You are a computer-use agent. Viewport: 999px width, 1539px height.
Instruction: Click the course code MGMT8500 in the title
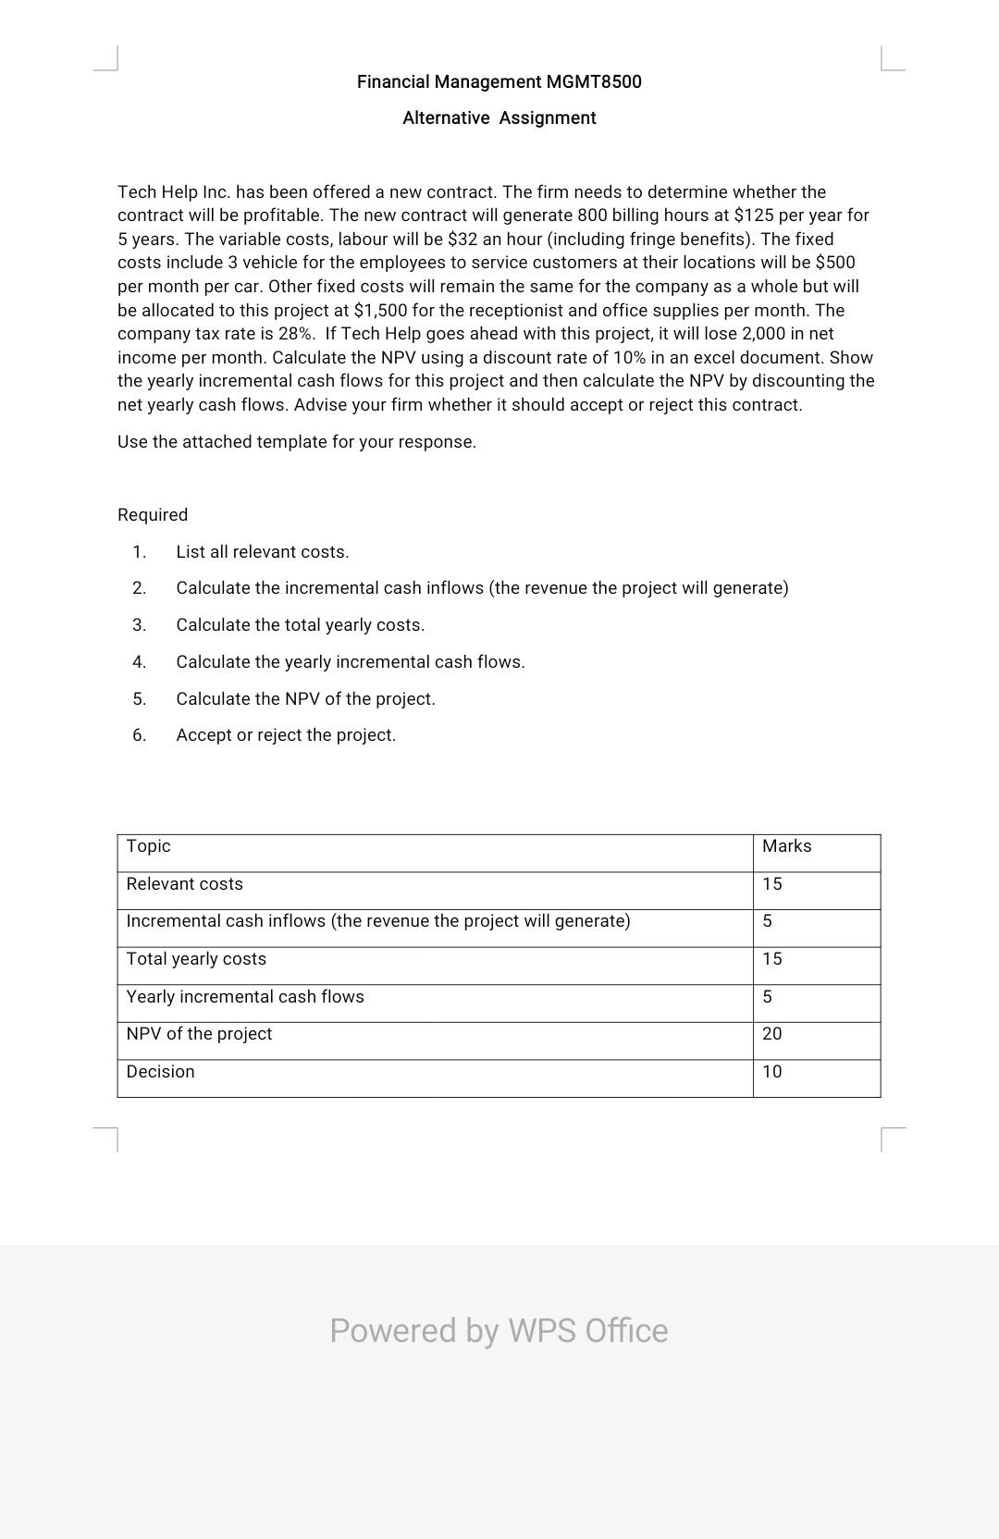(593, 81)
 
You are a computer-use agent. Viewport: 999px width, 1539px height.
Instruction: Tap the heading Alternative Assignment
(499, 117)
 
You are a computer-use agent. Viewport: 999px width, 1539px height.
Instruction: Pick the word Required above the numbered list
(153, 514)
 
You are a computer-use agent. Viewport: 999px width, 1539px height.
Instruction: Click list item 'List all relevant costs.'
(263, 551)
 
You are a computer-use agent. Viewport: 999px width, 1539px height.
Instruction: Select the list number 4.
(139, 661)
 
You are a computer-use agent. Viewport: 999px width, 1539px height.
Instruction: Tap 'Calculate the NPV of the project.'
(305, 698)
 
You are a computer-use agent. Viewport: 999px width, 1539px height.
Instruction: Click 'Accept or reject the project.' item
(286, 734)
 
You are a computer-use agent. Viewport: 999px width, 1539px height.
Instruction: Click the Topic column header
(149, 845)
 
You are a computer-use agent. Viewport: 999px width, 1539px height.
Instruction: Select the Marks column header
(786, 845)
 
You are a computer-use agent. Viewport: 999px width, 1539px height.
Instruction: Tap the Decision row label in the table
(161, 1071)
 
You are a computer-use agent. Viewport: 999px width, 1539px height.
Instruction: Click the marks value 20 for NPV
(771, 1033)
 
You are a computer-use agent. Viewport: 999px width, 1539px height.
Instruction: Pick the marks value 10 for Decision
(771, 1071)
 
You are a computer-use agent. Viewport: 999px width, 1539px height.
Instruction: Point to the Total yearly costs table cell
(196, 958)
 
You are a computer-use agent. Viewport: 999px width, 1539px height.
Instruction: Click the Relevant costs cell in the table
(185, 883)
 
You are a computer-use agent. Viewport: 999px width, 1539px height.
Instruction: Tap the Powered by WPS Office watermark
(499, 1330)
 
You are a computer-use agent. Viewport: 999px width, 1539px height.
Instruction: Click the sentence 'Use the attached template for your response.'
(297, 441)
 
